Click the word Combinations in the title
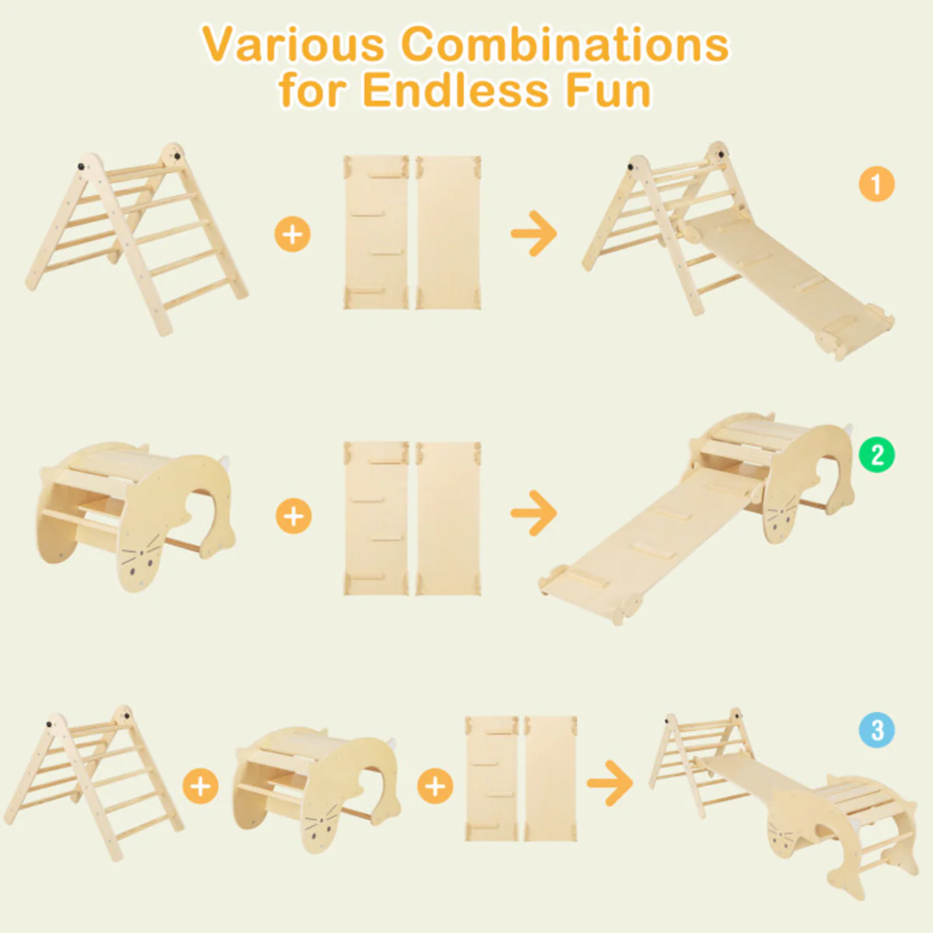click(565, 44)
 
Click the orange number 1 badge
click(876, 184)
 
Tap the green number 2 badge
click(877, 455)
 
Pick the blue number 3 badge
click(877, 731)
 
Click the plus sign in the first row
click(292, 233)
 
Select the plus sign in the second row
click(293, 515)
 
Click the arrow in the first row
click(534, 232)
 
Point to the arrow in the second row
click(534, 512)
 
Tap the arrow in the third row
click(610, 782)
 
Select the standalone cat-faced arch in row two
click(136, 513)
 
